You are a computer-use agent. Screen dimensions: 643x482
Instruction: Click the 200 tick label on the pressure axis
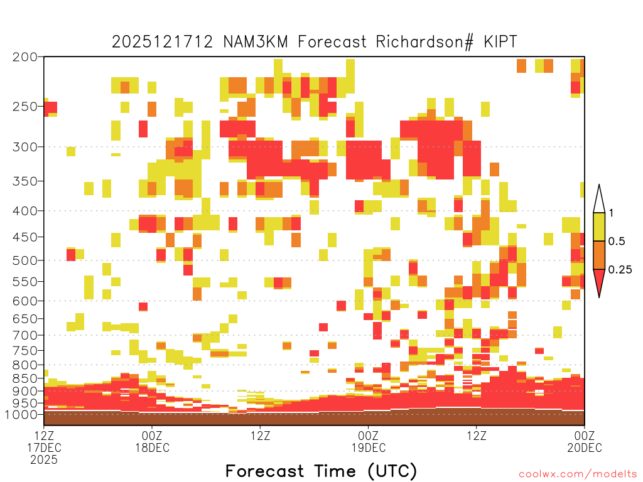25,57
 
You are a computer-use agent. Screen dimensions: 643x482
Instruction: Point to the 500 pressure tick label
25,260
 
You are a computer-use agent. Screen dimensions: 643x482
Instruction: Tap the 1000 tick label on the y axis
22,415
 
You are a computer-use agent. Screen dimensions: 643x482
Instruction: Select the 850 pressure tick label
25,378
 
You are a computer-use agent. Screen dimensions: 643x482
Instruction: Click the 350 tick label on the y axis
25,181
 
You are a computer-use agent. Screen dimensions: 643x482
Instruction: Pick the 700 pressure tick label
25,336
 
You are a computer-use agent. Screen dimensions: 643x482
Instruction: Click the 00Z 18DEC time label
152,441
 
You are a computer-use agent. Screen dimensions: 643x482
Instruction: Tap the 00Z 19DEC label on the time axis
368,441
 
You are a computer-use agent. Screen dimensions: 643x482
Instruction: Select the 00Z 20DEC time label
585,441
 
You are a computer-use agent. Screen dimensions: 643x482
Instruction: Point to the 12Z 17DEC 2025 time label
44,447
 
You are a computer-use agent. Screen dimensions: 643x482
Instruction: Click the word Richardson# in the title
425,42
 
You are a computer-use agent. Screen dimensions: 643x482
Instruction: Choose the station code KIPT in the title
500,42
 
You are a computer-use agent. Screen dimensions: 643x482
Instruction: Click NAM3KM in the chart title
256,42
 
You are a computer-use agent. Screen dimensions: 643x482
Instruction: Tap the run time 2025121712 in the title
163,42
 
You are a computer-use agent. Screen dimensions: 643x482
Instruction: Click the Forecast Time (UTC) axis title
321,471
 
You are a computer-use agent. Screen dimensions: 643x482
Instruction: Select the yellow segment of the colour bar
599,227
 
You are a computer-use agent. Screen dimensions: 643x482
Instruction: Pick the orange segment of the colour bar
599,255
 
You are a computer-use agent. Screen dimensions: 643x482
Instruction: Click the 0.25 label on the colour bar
620,270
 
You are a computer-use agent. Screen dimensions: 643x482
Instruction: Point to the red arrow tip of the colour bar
599,297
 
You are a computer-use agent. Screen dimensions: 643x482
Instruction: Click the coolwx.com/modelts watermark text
578,474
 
